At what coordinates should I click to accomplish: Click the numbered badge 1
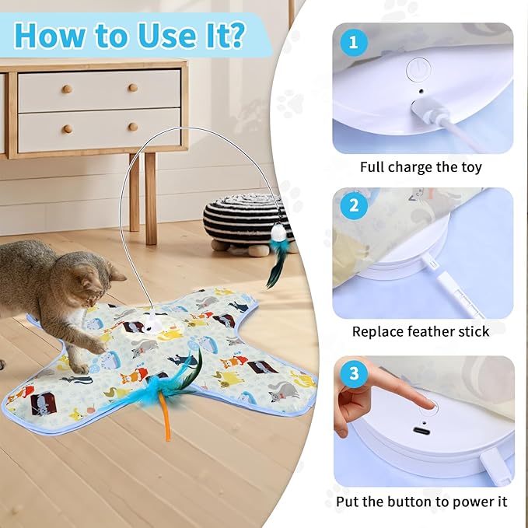pos(354,43)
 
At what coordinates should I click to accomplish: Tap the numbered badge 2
pos(354,207)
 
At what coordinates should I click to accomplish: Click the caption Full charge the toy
pos(421,167)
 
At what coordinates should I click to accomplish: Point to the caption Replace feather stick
pos(421,331)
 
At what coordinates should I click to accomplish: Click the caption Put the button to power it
pos(421,502)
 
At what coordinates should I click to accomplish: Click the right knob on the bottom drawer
pos(133,126)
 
